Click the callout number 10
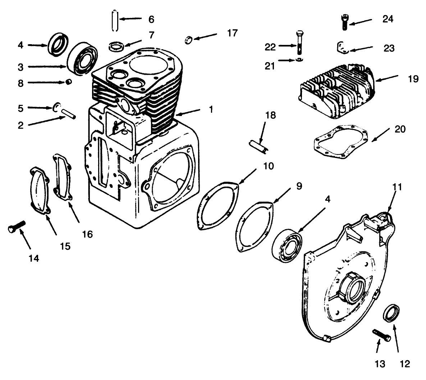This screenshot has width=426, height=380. point(268,166)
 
